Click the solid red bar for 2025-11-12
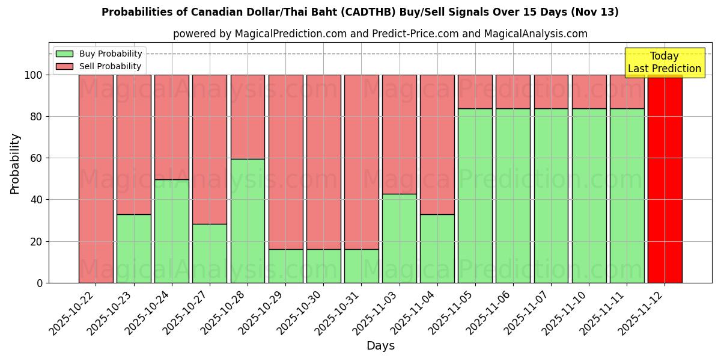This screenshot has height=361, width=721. click(665, 179)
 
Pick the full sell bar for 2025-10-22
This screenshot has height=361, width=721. click(96, 179)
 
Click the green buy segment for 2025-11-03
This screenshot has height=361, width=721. click(399, 238)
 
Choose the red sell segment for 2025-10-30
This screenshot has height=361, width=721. click(323, 162)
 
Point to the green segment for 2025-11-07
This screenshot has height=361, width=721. click(551, 196)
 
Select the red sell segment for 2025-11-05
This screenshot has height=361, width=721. click(475, 91)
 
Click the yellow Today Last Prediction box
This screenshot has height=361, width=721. click(664, 63)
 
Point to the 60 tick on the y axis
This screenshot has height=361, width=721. click(37, 158)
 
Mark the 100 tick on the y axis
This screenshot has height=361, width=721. click(34, 75)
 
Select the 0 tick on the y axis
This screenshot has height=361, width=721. click(40, 283)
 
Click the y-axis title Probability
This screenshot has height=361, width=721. click(15, 164)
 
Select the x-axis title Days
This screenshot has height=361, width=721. click(380, 346)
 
